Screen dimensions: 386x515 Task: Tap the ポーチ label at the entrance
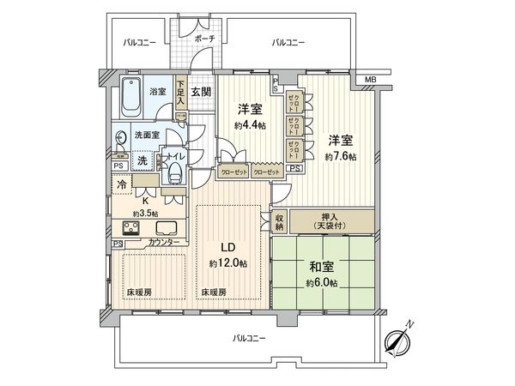pyautogui.click(x=204, y=39)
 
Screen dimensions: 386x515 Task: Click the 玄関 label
pyautogui.click(x=200, y=92)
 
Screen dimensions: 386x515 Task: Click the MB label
pyautogui.click(x=370, y=81)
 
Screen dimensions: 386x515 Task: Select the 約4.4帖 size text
pyautogui.click(x=249, y=125)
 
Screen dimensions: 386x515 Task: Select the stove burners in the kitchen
pyautogui.click(x=133, y=228)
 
